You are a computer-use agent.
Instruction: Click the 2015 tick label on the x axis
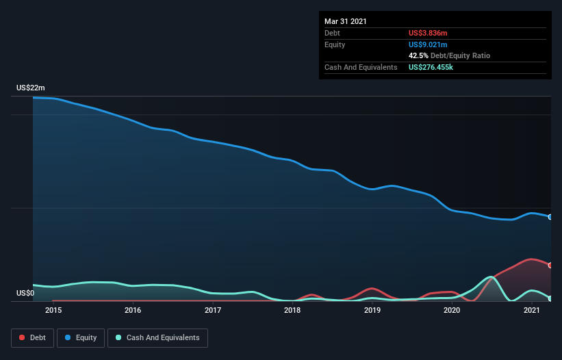pyautogui.click(x=53, y=310)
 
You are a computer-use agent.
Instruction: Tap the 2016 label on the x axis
pyautogui.click(x=133, y=310)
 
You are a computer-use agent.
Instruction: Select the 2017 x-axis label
pyautogui.click(x=213, y=310)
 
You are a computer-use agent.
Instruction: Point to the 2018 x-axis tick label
pyautogui.click(x=292, y=310)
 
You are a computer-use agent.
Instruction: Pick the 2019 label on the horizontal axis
pyautogui.click(x=372, y=310)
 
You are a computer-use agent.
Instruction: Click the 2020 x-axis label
pyautogui.click(x=452, y=310)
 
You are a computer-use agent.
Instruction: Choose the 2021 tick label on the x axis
pyautogui.click(x=532, y=310)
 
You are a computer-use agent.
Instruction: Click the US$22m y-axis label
pyautogui.click(x=31, y=88)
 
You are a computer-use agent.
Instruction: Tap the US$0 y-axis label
pyautogui.click(x=25, y=294)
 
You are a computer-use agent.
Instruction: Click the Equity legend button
pyautogui.click(x=81, y=337)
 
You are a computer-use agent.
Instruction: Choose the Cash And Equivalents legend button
pyautogui.click(x=157, y=337)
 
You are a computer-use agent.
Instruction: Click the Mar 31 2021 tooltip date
pyautogui.click(x=345, y=21)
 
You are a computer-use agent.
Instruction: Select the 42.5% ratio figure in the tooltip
pyautogui.click(x=420, y=55)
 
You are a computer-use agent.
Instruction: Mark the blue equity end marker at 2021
pyautogui.click(x=550, y=217)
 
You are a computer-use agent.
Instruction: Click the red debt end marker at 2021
pyautogui.click(x=550, y=265)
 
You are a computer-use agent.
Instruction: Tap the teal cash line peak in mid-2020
pyautogui.click(x=490, y=277)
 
